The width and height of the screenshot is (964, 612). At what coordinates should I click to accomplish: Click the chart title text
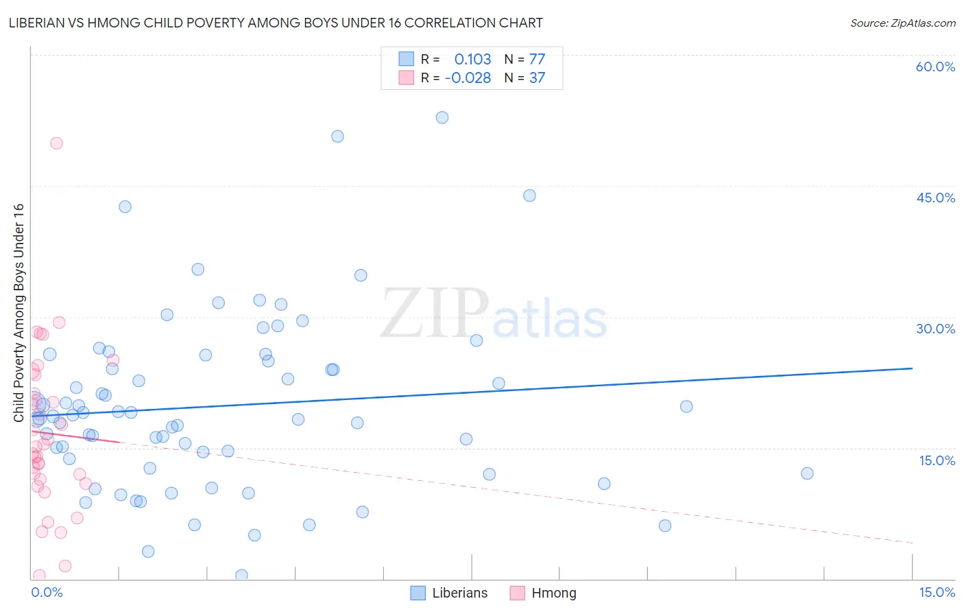[x=276, y=23]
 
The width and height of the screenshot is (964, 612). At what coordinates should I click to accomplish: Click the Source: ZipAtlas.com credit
[x=902, y=23]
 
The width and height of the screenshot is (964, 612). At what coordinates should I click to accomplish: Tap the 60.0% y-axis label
[x=935, y=67]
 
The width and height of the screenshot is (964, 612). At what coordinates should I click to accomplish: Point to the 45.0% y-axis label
[x=935, y=198]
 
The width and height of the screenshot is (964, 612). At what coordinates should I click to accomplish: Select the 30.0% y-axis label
[x=935, y=329]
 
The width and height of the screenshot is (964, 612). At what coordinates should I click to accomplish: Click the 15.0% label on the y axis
[x=937, y=460]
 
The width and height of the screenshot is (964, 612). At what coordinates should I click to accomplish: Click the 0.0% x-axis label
[x=47, y=592]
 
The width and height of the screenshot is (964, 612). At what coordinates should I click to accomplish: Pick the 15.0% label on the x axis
[x=937, y=592]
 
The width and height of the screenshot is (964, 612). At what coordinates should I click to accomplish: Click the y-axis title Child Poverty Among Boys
[x=19, y=313]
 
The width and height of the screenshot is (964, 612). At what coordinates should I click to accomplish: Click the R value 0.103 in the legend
[x=472, y=60]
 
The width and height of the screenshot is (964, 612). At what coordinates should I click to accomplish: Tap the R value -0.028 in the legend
[x=468, y=78]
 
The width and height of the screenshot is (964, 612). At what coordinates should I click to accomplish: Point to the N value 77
[x=537, y=60]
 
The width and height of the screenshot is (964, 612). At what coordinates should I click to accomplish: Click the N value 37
[x=537, y=78]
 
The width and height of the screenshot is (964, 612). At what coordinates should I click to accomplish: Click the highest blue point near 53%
[x=442, y=117]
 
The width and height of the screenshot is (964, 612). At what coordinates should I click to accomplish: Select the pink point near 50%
[x=56, y=143]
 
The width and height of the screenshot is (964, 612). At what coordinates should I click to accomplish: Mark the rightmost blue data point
[x=807, y=473]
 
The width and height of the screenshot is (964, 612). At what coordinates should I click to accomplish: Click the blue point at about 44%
[x=529, y=196]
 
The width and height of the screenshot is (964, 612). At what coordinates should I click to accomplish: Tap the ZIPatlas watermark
[x=494, y=314]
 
